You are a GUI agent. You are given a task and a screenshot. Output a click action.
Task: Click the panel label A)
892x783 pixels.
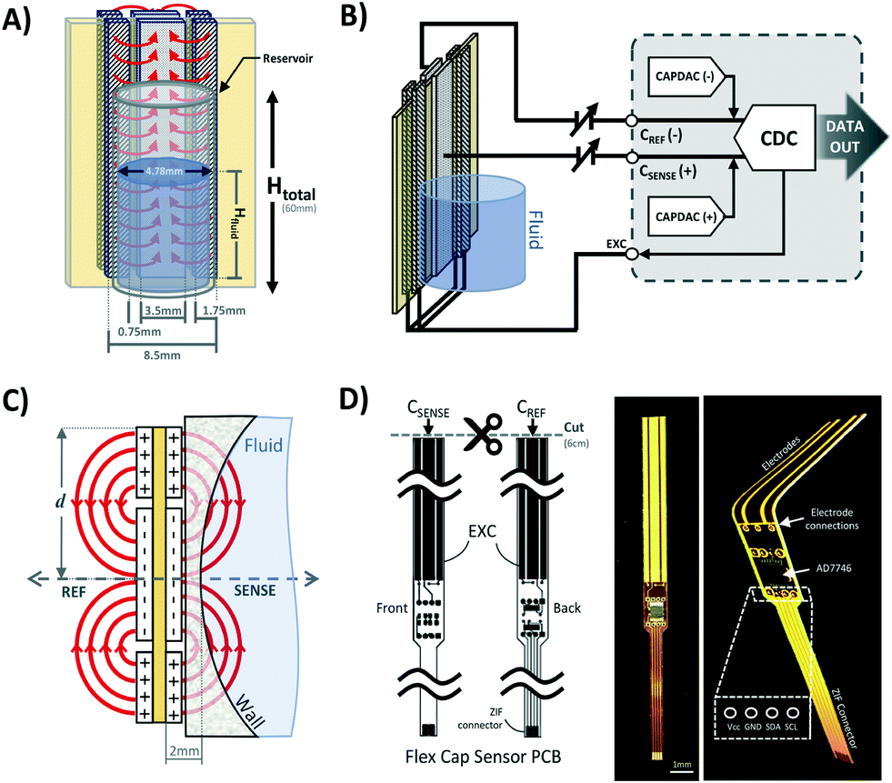click(x=19, y=19)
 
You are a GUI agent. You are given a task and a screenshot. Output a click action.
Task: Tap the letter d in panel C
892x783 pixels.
click(x=50, y=499)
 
